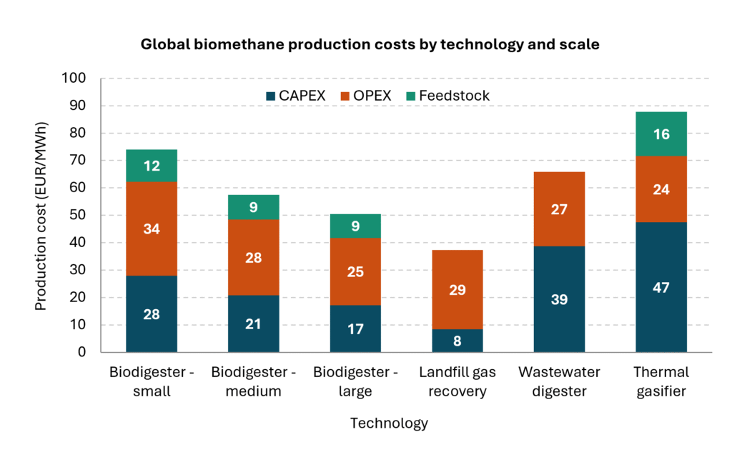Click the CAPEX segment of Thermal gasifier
point(661,287)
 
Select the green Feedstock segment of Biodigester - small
point(152,166)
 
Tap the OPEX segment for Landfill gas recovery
point(457,289)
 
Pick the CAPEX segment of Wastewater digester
point(559,298)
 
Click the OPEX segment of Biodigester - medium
point(254,257)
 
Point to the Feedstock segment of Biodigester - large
point(355,226)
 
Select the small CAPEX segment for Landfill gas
point(457,341)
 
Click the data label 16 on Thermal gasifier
point(661,134)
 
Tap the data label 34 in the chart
point(152,229)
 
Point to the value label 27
point(559,209)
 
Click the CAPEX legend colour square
point(270,96)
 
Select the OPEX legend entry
point(366,96)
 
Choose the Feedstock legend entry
point(447,96)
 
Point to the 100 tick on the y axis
point(74,78)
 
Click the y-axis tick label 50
point(78,215)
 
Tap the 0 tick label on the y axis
point(81,352)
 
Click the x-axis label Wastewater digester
point(559,381)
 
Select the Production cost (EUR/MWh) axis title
point(41,216)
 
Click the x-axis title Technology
point(389,423)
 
